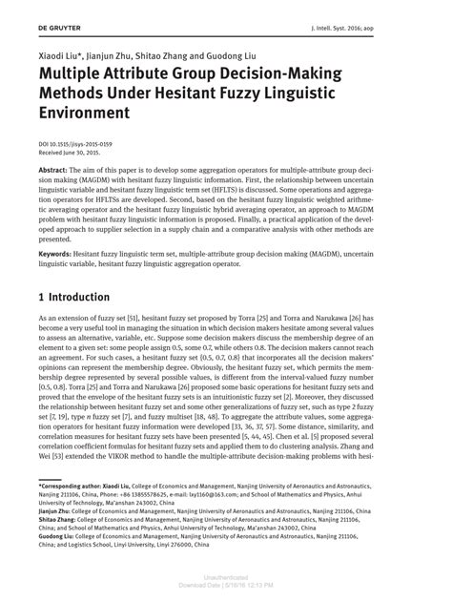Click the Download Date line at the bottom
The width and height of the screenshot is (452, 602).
tap(226, 588)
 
